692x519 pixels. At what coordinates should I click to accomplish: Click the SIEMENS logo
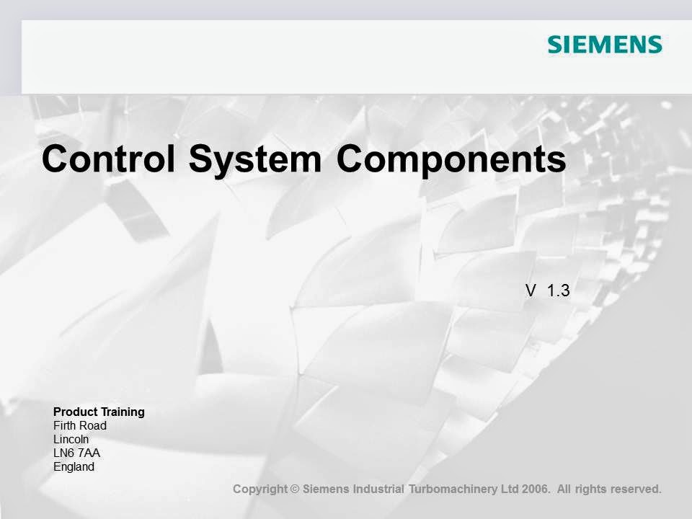[604, 45]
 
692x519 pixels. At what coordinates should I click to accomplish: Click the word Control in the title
[109, 159]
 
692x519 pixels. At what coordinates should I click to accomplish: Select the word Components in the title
[451, 159]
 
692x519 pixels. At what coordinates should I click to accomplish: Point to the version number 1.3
[559, 290]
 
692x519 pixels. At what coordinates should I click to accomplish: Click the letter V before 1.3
[531, 290]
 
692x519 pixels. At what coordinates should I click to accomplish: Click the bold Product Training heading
[99, 412]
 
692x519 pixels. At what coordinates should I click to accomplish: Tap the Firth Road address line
[80, 426]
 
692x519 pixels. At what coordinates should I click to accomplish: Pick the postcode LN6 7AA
[76, 453]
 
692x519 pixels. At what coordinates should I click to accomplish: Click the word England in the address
[74, 466]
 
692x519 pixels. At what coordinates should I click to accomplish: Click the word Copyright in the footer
[259, 489]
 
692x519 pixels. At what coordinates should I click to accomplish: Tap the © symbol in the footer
[294, 489]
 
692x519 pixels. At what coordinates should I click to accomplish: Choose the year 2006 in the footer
[536, 489]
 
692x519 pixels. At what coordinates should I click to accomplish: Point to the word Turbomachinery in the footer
[453, 489]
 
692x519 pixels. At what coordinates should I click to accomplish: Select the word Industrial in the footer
[378, 489]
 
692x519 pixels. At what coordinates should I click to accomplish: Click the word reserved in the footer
[635, 489]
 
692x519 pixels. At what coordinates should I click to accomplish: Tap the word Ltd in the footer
[510, 489]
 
